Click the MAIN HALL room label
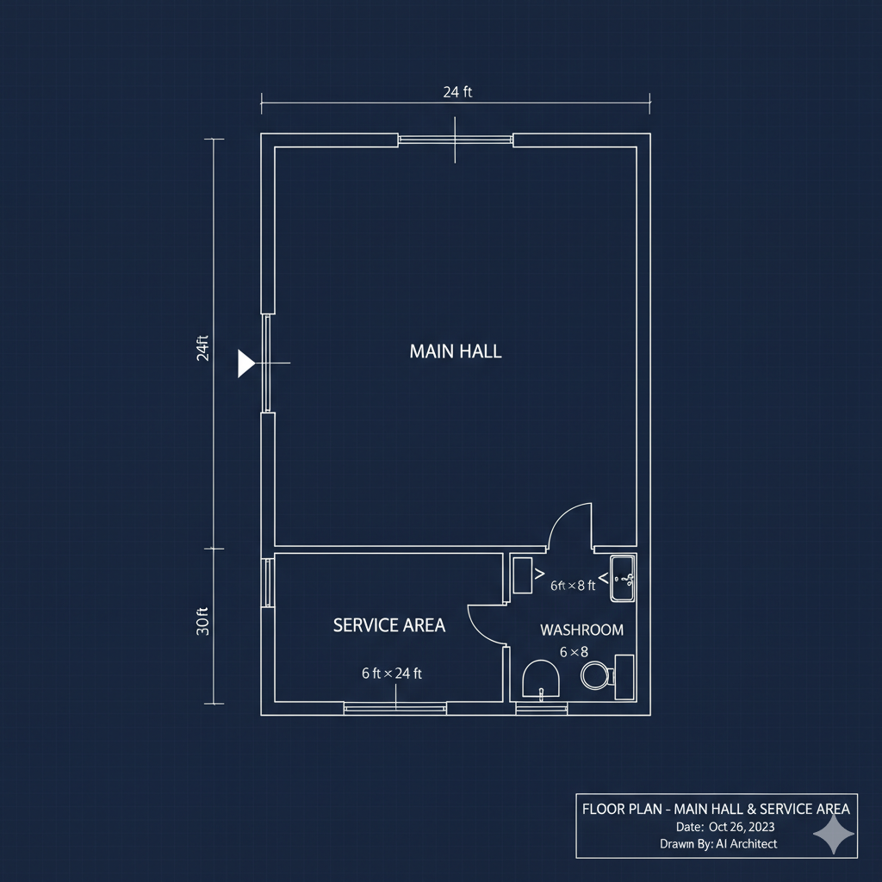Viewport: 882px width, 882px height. tap(456, 351)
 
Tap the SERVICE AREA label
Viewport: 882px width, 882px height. tap(389, 625)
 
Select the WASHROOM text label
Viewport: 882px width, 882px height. tap(581, 630)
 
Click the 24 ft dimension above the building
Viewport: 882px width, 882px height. tap(457, 91)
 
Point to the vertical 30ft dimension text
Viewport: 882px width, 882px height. tap(202, 622)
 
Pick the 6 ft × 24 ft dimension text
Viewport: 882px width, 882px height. tap(392, 674)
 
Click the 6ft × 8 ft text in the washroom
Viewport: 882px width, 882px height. tap(573, 586)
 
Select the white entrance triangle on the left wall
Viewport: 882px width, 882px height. tap(245, 363)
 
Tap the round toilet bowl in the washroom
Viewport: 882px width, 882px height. tap(596, 674)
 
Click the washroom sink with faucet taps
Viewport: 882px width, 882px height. tap(623, 578)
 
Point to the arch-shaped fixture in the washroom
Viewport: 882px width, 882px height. tap(541, 679)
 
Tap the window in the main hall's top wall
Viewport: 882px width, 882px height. tap(455, 140)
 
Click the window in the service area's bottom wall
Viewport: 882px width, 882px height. tap(394, 709)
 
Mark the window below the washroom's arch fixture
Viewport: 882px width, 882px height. tap(541, 709)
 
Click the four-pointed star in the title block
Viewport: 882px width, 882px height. tap(834, 833)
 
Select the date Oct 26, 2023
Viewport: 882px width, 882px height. tap(742, 827)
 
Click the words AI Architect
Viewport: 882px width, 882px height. tap(747, 844)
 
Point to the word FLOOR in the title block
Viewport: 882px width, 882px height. tap(599, 809)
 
